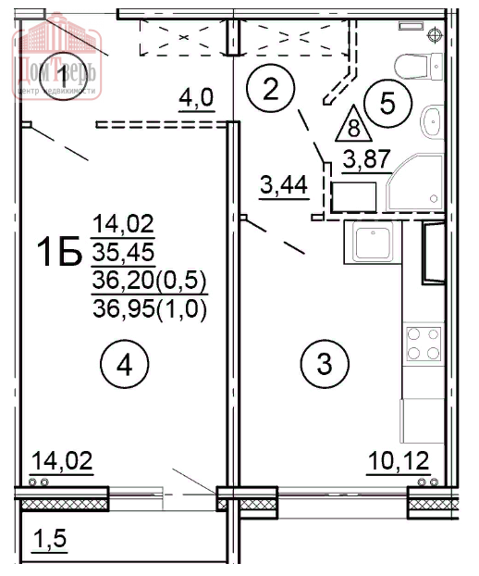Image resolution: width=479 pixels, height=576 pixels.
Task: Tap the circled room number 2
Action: (x=270, y=90)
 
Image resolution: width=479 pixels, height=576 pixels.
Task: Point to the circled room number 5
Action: (x=387, y=102)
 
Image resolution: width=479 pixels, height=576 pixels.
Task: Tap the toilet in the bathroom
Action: (x=418, y=67)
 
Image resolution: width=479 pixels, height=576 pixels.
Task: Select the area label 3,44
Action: (x=282, y=186)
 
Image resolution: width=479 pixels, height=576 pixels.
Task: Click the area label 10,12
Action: (x=391, y=461)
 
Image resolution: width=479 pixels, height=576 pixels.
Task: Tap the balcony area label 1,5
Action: (x=51, y=539)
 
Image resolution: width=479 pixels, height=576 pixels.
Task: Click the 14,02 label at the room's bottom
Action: (x=62, y=460)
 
